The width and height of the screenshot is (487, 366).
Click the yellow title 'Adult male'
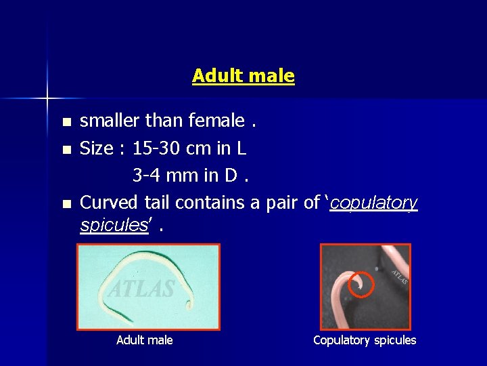pyautogui.click(x=243, y=75)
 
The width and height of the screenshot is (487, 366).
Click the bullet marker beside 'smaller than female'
pyautogui.click(x=66, y=123)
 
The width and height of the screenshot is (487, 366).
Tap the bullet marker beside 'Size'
pyautogui.click(x=66, y=149)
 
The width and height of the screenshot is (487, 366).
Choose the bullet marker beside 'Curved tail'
pyautogui.click(x=66, y=203)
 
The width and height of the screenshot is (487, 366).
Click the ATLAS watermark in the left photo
pyautogui.click(x=142, y=289)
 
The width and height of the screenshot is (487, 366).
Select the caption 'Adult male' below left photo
pyautogui.click(x=145, y=340)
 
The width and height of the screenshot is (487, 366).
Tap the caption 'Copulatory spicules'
pyautogui.click(x=365, y=340)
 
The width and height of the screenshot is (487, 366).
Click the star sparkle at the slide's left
pyautogui.click(x=47, y=98)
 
